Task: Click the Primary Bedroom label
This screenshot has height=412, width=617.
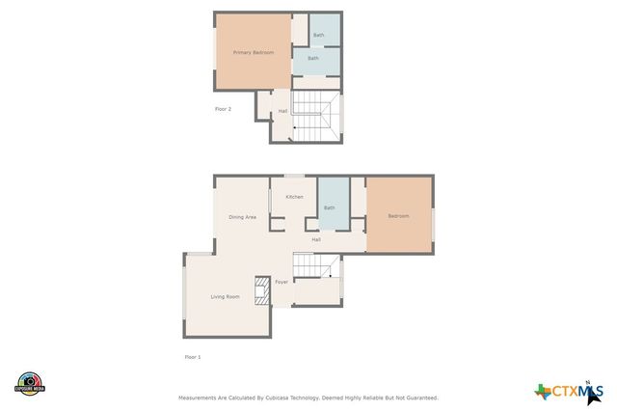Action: (254, 52)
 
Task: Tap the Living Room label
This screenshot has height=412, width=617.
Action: (226, 296)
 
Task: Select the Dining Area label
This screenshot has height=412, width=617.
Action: (242, 217)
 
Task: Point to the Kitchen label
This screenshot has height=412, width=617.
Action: (294, 197)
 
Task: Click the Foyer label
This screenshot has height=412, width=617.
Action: (282, 282)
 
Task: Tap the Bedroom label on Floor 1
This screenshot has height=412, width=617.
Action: (398, 216)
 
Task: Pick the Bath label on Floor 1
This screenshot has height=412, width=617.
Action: (330, 207)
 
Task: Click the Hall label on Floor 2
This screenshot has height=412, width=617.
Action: (282, 111)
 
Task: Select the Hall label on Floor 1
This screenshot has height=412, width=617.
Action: (330, 239)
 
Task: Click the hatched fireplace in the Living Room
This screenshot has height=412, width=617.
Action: (261, 290)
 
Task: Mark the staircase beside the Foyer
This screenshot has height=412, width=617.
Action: (315, 265)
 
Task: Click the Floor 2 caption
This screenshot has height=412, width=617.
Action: (223, 109)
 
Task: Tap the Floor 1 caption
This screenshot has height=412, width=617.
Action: (193, 357)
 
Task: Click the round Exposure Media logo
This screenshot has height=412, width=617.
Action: (30, 384)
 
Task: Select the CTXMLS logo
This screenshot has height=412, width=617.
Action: (570, 390)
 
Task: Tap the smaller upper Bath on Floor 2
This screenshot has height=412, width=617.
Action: (319, 35)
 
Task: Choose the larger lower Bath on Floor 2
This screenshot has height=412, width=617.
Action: (313, 59)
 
